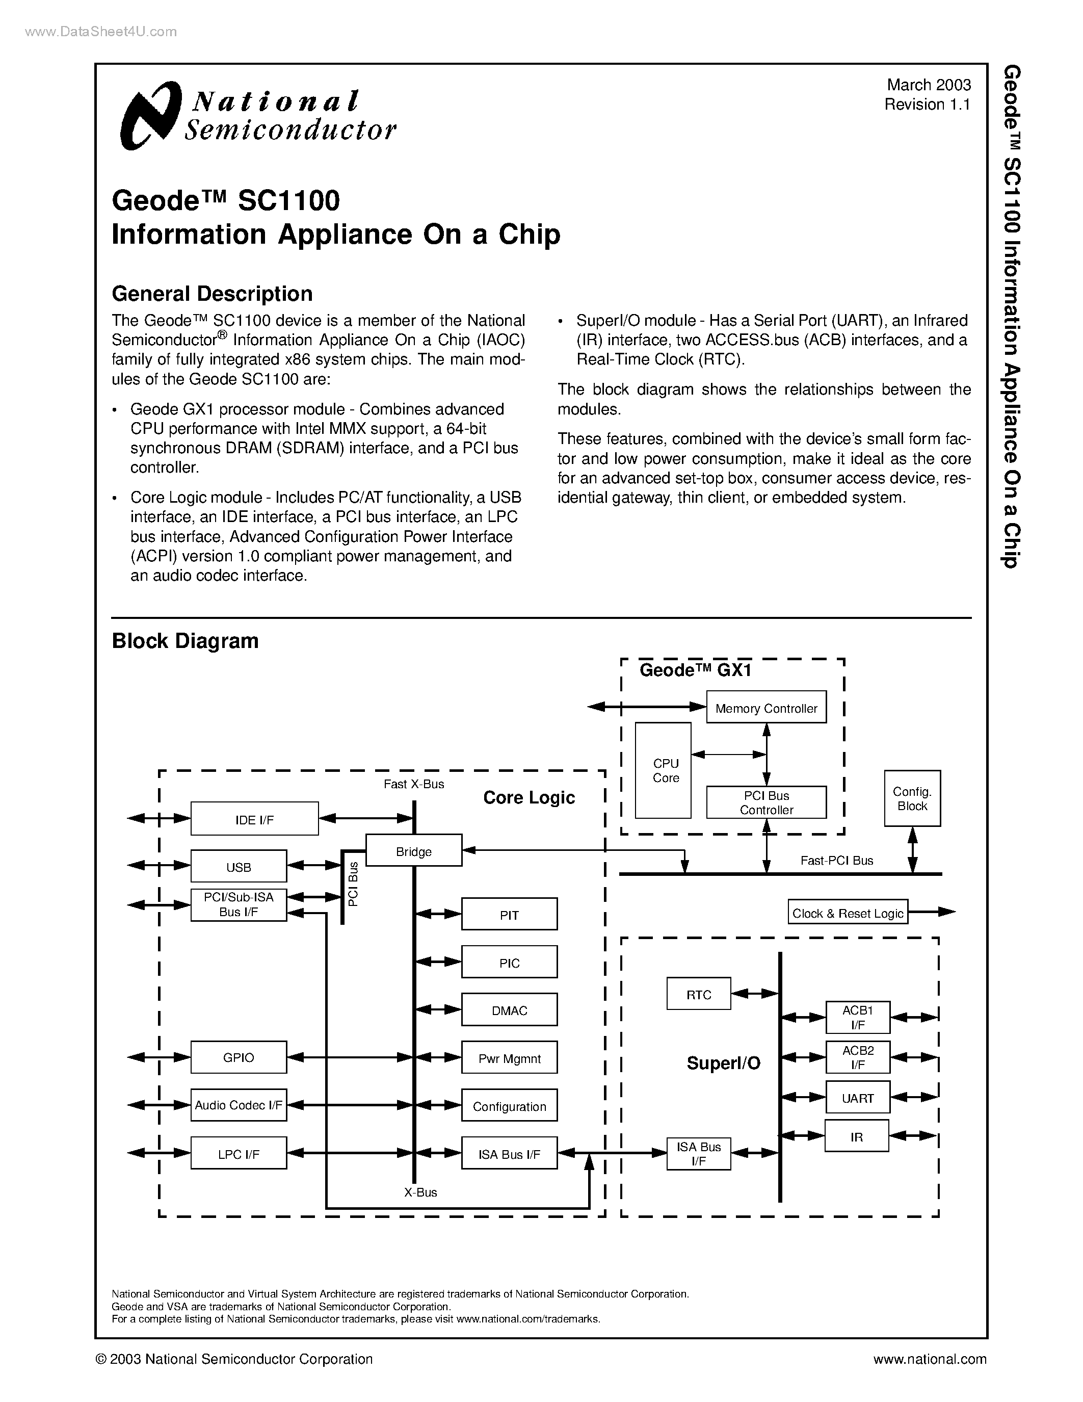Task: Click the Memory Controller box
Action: (766, 708)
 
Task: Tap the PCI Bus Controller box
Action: (766, 802)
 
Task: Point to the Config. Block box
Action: (912, 798)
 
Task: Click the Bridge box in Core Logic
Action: (414, 850)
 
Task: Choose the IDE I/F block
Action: (254, 818)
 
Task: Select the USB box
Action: (239, 867)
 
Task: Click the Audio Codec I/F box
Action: (239, 1105)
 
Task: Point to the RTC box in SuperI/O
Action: (699, 994)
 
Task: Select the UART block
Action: (857, 1098)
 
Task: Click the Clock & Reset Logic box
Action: (848, 912)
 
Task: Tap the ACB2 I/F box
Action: (857, 1057)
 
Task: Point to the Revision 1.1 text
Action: (927, 105)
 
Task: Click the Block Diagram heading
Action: (185, 641)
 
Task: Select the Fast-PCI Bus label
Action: (837, 860)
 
